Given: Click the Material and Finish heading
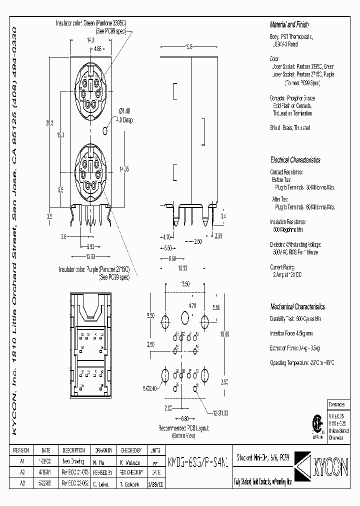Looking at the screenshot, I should pyautogui.click(x=289, y=24).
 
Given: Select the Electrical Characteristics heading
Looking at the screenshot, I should pyautogui.click(x=295, y=160).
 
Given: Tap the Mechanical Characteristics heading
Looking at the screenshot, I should pyautogui.click(x=297, y=306).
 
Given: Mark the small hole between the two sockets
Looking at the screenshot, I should pyautogui.click(x=104, y=130).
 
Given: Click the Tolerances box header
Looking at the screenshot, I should pyautogui.click(x=336, y=403).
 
